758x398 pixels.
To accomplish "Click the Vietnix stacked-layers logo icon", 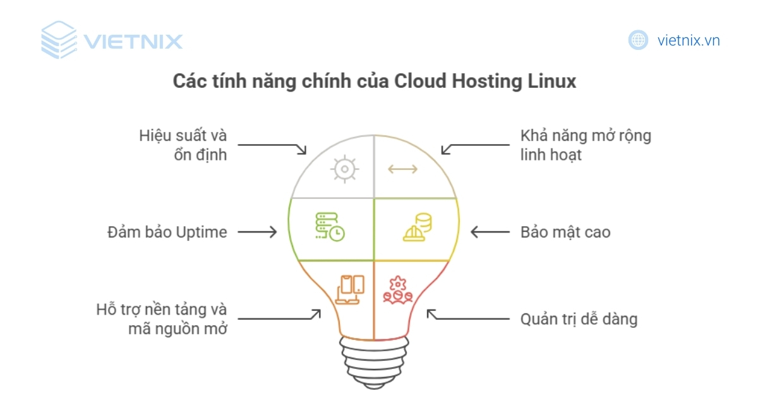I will tap(59, 40).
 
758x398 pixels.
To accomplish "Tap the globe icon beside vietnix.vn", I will tap(638, 40).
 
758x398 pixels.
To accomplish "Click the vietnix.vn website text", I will tap(689, 40).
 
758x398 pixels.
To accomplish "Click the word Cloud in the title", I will tap(419, 82).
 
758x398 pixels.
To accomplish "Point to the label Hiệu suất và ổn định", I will tap(183, 145).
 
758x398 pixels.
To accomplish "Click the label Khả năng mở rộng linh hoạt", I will tap(585, 145).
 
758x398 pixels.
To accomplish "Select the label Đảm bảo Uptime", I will tap(166, 232).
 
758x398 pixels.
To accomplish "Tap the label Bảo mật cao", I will tap(565, 232).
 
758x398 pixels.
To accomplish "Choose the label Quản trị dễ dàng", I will tap(579, 319).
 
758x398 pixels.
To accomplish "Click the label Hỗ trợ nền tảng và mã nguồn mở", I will tap(162, 319).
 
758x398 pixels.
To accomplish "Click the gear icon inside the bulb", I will tap(344, 169).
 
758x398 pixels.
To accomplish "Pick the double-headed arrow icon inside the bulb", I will tap(402, 169).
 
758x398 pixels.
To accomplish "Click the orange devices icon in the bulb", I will tap(350, 289).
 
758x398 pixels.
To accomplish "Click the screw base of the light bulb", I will tap(373, 360).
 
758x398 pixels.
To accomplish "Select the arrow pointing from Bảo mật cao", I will tap(490, 232).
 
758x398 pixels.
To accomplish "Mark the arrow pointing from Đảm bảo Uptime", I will tap(257, 232).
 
